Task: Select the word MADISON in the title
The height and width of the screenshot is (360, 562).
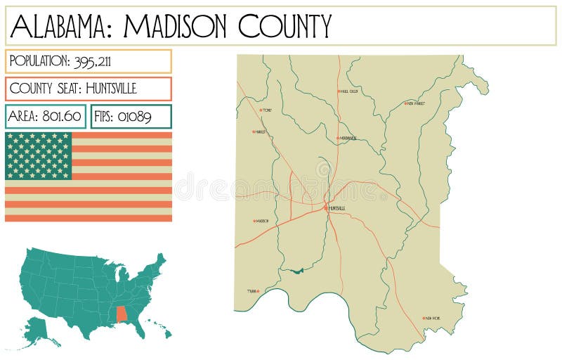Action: (176, 26)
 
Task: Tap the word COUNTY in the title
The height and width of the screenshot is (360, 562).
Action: (285, 26)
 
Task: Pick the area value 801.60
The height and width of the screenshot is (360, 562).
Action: (62, 117)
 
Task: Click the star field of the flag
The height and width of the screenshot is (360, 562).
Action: (39, 155)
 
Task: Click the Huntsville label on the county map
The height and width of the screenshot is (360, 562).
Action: (337, 208)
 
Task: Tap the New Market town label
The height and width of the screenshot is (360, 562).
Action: (416, 103)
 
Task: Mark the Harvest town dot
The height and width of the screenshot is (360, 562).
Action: (254, 131)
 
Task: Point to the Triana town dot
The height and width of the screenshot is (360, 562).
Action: (258, 291)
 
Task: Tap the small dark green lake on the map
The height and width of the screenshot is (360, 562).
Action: (293, 271)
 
